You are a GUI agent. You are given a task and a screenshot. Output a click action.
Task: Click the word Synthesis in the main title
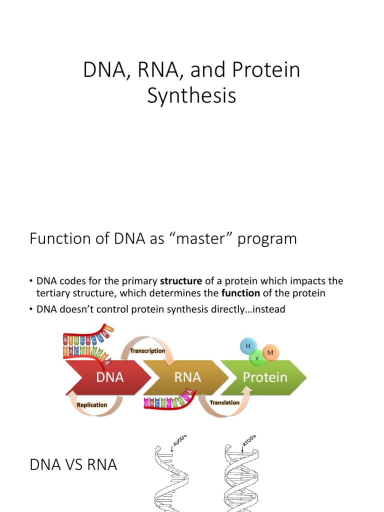(x=191, y=95)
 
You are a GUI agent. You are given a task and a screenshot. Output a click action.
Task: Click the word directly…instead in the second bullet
(x=253, y=309)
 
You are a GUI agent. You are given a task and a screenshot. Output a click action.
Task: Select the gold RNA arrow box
(x=187, y=377)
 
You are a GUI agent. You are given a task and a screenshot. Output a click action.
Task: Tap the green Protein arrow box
(x=265, y=377)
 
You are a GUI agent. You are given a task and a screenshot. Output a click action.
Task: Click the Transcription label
(x=147, y=351)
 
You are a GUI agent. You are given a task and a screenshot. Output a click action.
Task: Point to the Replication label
(x=92, y=404)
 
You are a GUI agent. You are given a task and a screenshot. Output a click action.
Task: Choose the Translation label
(x=224, y=402)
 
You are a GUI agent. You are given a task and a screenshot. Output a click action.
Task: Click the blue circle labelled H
(x=248, y=346)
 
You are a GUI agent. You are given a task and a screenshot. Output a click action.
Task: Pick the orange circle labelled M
(x=270, y=353)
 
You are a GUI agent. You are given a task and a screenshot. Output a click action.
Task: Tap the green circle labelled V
(x=257, y=358)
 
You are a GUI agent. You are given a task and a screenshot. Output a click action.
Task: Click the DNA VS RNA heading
(x=73, y=465)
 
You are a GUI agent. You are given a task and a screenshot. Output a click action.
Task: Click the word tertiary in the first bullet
(x=52, y=293)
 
